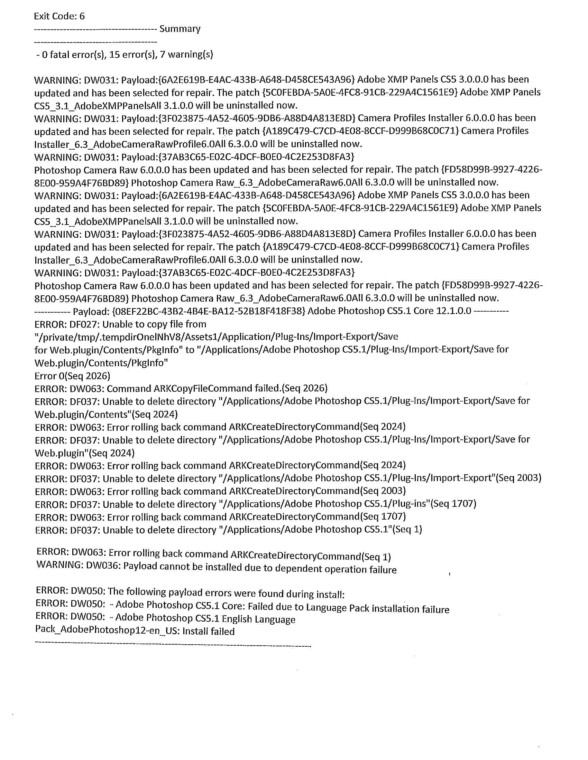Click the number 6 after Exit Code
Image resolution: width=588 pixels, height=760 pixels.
coord(82,16)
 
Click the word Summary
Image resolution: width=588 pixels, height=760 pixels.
coord(180,29)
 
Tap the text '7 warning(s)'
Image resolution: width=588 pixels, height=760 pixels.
coord(186,54)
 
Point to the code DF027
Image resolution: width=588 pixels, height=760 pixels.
coord(85,324)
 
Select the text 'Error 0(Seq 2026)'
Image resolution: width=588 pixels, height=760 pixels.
coord(72,376)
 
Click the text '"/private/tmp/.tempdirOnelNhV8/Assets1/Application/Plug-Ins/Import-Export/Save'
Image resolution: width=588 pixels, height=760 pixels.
coord(216,337)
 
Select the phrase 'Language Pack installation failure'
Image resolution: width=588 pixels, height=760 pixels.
coord(378,608)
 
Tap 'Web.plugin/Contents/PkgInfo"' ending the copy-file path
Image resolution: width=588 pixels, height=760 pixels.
coord(101,363)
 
